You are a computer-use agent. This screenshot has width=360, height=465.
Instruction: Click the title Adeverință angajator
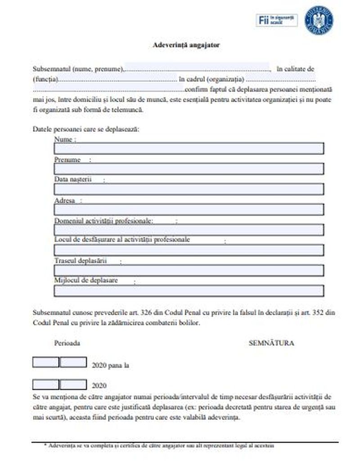click(186, 45)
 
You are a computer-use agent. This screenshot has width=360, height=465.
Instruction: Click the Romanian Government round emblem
click(319, 20)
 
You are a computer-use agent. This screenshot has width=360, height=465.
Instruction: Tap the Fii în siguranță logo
click(277, 20)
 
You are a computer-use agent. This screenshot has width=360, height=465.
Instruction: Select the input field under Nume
click(189, 149)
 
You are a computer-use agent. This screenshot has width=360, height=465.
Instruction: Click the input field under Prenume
click(189, 169)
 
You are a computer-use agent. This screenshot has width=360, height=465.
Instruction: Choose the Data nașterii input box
click(189, 189)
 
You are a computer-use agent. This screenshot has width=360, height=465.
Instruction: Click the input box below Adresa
click(189, 209)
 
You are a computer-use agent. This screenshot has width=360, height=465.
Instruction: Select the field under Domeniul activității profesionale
click(189, 230)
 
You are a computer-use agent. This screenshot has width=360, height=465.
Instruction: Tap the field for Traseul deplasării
click(189, 270)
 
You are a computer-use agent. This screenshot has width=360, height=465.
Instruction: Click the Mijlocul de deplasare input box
click(189, 291)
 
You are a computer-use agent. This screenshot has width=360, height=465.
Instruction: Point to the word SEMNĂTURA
click(271, 343)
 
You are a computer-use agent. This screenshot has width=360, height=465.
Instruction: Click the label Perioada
click(67, 343)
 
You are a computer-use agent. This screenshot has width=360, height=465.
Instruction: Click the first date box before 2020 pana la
click(45, 362)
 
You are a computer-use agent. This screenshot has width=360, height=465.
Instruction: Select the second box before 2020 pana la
click(73, 362)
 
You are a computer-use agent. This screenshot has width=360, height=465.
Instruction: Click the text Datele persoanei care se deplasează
click(86, 129)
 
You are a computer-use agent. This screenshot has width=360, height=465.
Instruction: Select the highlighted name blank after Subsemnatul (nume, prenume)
click(197, 67)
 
